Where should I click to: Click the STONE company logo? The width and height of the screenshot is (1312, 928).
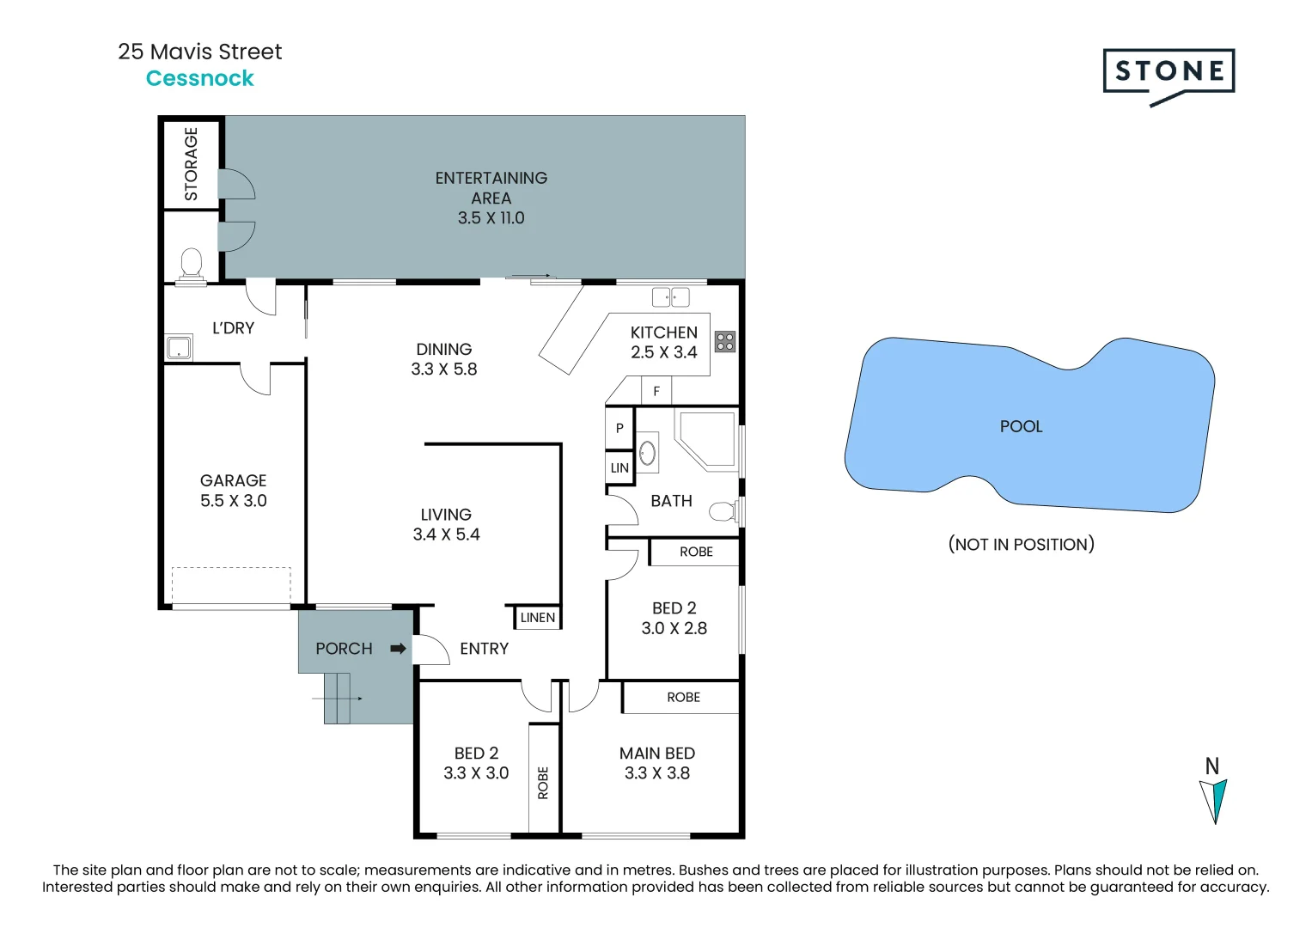pyautogui.click(x=1169, y=72)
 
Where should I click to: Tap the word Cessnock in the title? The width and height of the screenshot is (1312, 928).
pyautogui.click(x=200, y=78)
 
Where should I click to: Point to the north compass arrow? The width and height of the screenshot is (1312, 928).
pyautogui.click(x=1213, y=799)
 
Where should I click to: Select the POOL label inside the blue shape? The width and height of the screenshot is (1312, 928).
pyautogui.click(x=1021, y=426)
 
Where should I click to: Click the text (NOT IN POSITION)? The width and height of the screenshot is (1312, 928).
pyautogui.click(x=1021, y=544)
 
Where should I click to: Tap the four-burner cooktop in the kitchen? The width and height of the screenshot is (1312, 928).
pyautogui.click(x=725, y=341)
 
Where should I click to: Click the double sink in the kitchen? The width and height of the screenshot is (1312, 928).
pyautogui.click(x=670, y=297)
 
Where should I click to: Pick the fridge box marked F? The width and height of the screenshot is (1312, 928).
pyautogui.click(x=656, y=391)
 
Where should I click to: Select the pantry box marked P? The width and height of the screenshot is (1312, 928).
pyautogui.click(x=619, y=428)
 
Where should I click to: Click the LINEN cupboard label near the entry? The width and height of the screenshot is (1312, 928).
pyautogui.click(x=538, y=617)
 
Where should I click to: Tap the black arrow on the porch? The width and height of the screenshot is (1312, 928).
pyautogui.click(x=398, y=649)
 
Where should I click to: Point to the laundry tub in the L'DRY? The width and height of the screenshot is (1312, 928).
pyautogui.click(x=179, y=348)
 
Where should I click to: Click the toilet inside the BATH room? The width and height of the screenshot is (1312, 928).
pyautogui.click(x=723, y=512)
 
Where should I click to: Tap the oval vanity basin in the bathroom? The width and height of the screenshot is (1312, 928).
pyautogui.click(x=647, y=453)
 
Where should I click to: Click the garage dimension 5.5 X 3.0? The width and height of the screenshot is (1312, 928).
pyautogui.click(x=234, y=501)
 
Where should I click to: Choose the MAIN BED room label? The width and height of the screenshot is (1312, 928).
pyautogui.click(x=657, y=754)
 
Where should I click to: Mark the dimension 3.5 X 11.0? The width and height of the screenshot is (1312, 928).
pyautogui.click(x=491, y=218)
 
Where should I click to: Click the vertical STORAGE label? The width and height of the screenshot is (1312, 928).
pyautogui.click(x=191, y=163)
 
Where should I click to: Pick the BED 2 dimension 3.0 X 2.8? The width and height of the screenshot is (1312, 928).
pyautogui.click(x=674, y=628)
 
